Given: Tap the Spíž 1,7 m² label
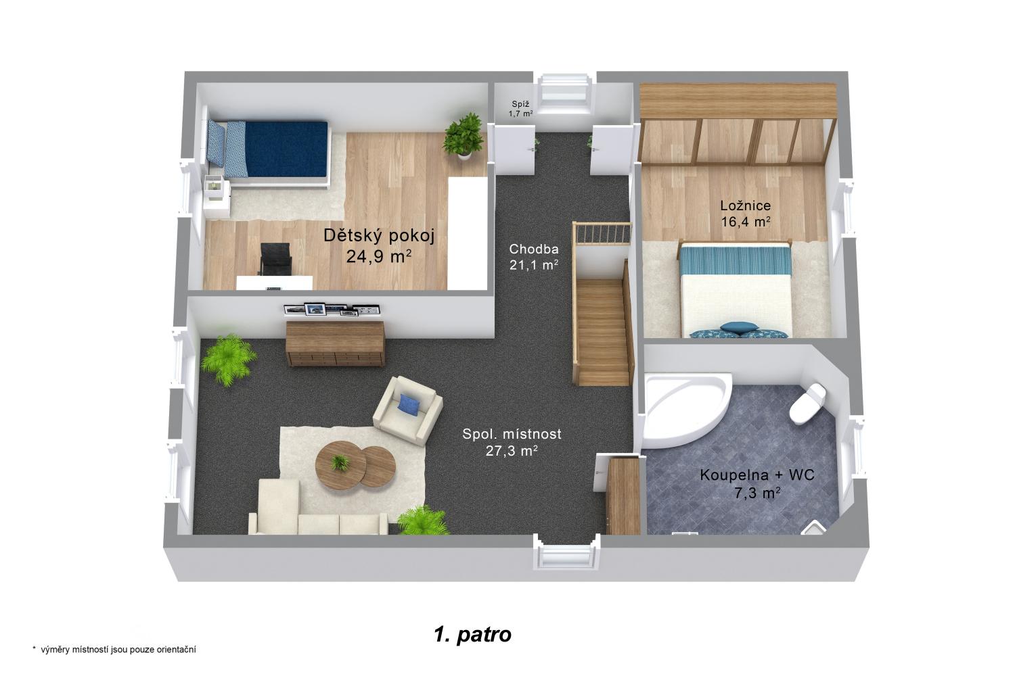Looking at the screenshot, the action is click(x=520, y=109).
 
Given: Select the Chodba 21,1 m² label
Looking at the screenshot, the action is click(x=534, y=257).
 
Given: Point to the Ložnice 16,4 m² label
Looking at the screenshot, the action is click(x=746, y=214).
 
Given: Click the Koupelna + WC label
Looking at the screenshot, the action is click(x=757, y=475).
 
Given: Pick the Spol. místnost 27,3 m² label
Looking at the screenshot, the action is click(x=512, y=442).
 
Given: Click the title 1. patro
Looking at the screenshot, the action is click(x=472, y=634).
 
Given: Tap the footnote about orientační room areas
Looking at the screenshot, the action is click(x=114, y=650).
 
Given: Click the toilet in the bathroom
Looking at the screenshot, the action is click(x=807, y=403).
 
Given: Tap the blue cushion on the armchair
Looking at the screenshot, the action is click(x=408, y=403).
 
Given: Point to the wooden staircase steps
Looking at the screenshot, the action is click(x=603, y=331).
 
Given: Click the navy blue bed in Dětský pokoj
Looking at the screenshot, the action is click(x=268, y=149).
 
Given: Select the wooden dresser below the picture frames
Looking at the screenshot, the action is click(x=336, y=343).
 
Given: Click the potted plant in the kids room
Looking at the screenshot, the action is click(x=463, y=136).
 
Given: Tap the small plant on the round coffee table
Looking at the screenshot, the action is click(x=340, y=462).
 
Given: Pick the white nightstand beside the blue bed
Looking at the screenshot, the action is click(x=216, y=195).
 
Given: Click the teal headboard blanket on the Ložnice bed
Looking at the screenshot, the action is click(x=735, y=259).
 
